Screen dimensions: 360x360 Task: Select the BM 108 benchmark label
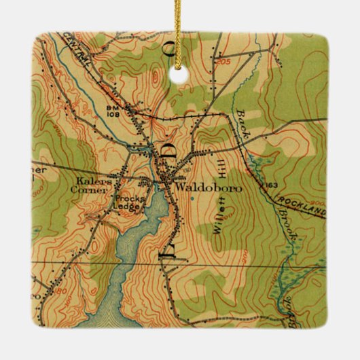(113, 111)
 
